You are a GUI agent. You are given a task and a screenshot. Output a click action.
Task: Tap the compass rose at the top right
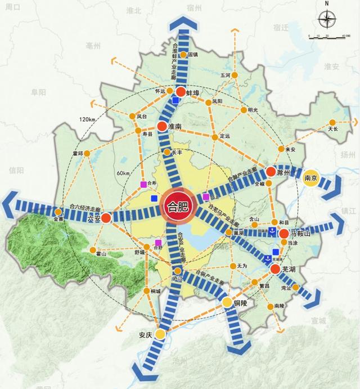click(x=326, y=21)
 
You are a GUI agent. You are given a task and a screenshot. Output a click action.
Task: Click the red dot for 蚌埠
click(x=181, y=92)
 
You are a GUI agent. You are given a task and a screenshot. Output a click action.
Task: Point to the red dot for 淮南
click(x=162, y=127)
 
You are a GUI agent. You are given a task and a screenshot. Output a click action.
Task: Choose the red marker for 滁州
click(x=271, y=172)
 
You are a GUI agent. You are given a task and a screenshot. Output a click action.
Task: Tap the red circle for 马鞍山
click(x=284, y=233)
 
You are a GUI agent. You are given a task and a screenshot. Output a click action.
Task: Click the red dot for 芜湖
click(x=275, y=269)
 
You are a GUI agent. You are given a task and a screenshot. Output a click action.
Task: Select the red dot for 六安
click(x=106, y=216)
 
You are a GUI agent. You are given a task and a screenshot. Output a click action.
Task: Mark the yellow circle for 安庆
click(x=160, y=334)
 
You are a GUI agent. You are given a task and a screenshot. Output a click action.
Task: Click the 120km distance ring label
click(x=88, y=120)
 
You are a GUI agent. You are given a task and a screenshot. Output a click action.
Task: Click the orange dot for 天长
click(x=332, y=122)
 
